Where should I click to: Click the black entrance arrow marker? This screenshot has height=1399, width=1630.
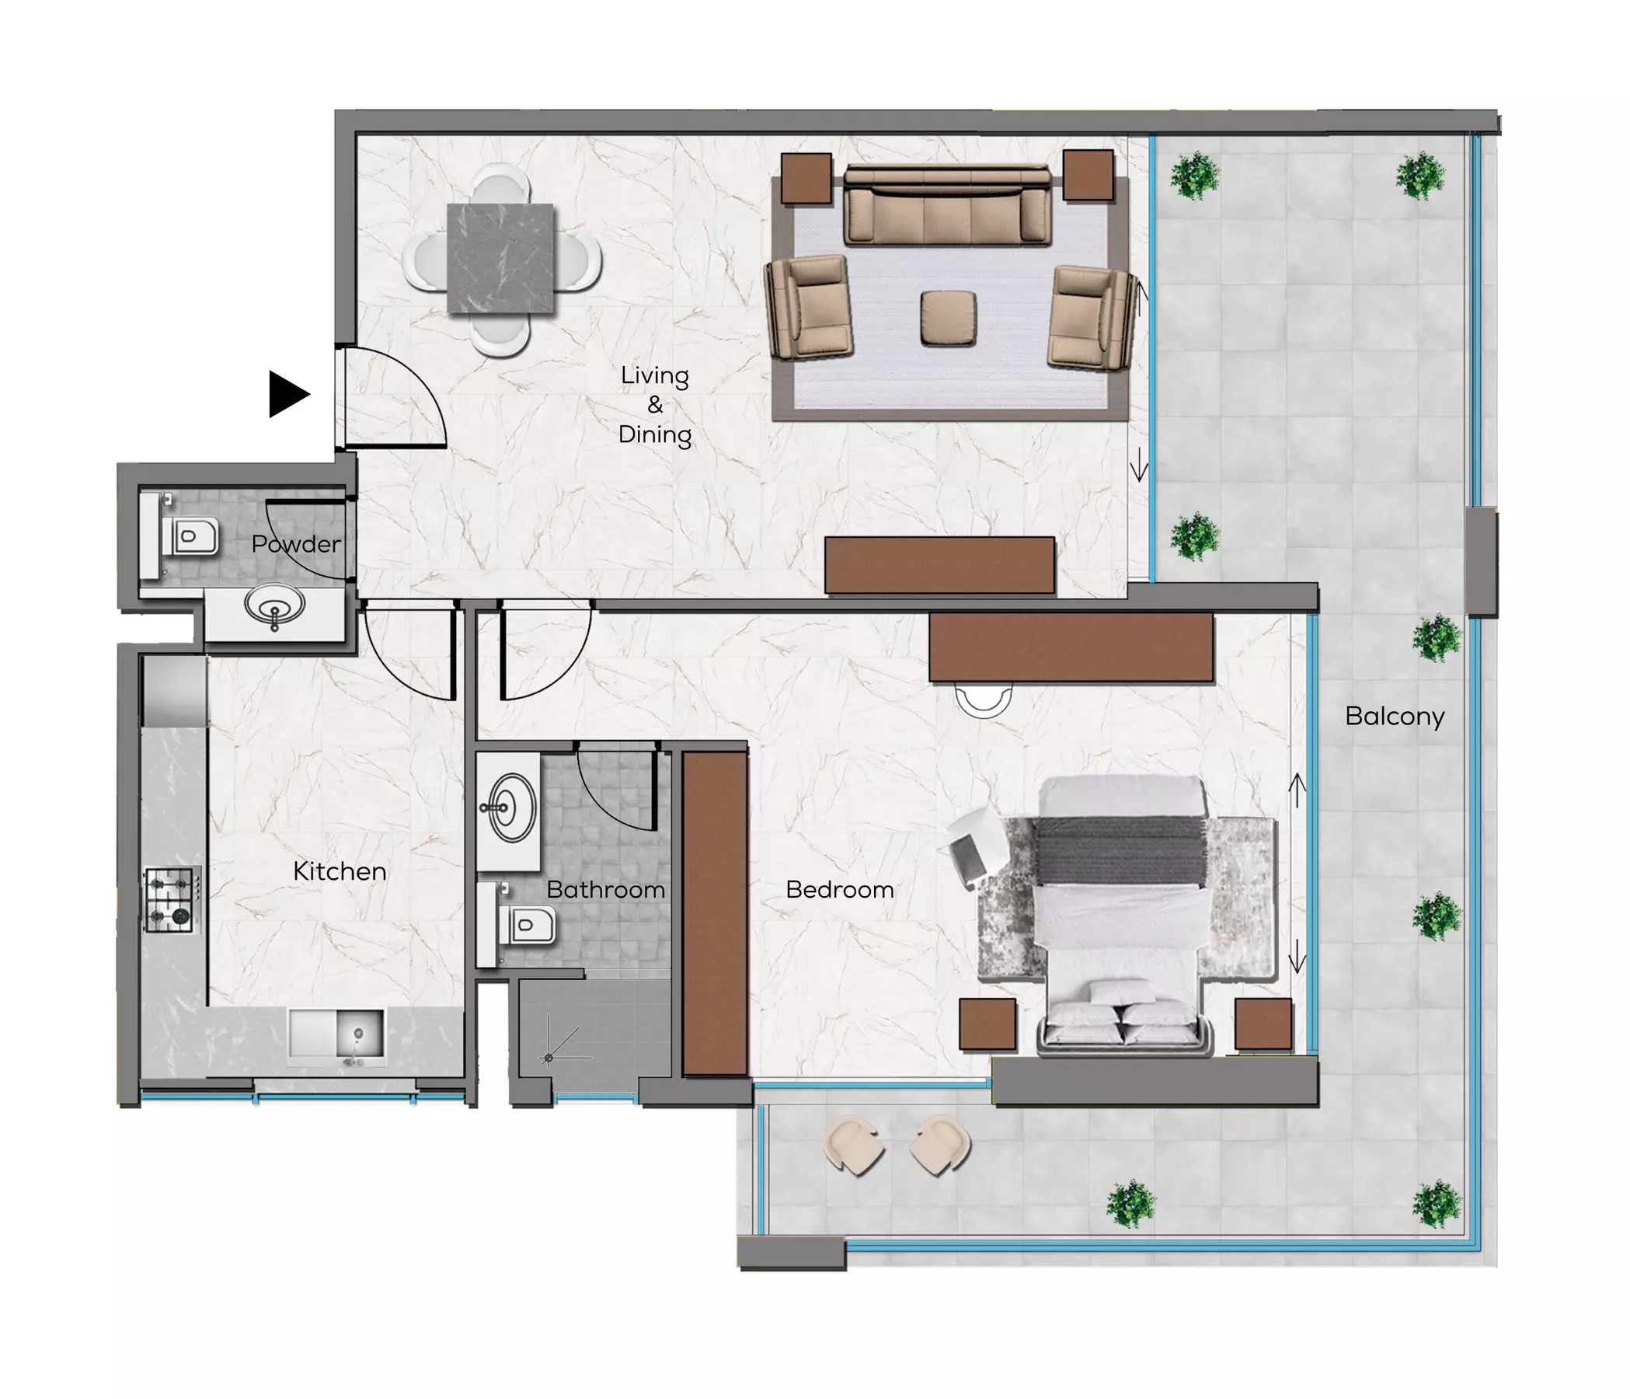coord(288,393)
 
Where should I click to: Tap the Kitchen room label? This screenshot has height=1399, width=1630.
coord(339,871)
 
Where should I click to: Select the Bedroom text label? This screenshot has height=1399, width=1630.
coord(839,889)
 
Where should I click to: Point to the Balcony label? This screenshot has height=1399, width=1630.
coord(1395,716)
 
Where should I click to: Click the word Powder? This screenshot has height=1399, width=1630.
coord(296,544)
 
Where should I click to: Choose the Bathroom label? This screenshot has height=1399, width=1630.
coord(606,889)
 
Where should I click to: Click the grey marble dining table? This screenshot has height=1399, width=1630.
coord(500,258)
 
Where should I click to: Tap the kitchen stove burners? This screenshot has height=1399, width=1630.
coord(170,899)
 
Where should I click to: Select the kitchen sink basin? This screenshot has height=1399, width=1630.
coord(360,1033)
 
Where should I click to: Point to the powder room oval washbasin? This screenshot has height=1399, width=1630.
coord(273,607)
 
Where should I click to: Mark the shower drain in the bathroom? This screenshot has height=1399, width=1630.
coord(549,1059)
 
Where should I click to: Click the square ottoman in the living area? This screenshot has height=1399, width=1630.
coord(949,318)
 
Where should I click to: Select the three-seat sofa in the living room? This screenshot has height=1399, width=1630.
coord(948,204)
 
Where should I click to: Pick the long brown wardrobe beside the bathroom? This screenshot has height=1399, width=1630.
coord(714,913)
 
